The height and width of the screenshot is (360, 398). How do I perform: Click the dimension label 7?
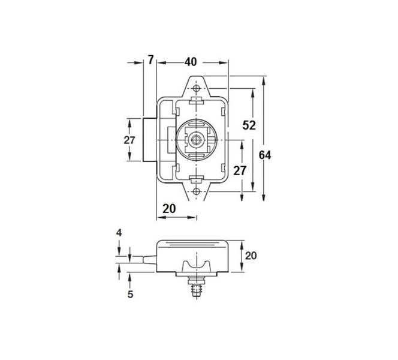pos(150,59)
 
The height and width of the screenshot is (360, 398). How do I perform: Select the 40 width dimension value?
pos(191,62)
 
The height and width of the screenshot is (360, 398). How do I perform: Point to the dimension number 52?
pos(249,125)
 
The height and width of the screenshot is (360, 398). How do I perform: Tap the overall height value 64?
pos(266,155)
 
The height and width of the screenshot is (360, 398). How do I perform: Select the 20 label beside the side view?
pos(251,256)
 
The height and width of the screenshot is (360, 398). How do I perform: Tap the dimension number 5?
pos(129,295)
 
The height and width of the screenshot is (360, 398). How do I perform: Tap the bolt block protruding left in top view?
pos(150,139)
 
